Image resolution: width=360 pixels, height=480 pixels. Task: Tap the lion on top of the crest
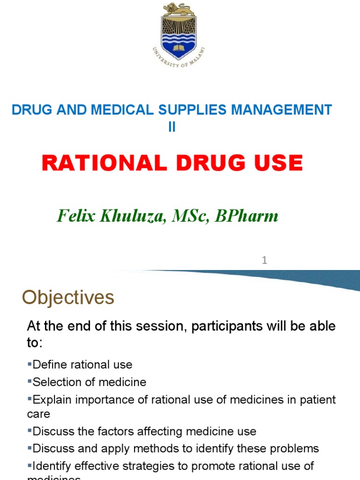[x=179, y=9]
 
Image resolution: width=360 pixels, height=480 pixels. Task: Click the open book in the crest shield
[x=180, y=47]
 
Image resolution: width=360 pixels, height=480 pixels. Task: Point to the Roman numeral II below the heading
[x=172, y=127]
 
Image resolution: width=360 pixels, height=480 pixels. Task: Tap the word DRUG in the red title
[x=205, y=163]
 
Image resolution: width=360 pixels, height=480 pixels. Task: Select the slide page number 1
[x=264, y=260]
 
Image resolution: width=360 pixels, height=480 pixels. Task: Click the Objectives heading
[x=68, y=298]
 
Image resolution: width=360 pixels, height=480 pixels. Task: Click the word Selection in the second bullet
[x=53, y=382]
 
